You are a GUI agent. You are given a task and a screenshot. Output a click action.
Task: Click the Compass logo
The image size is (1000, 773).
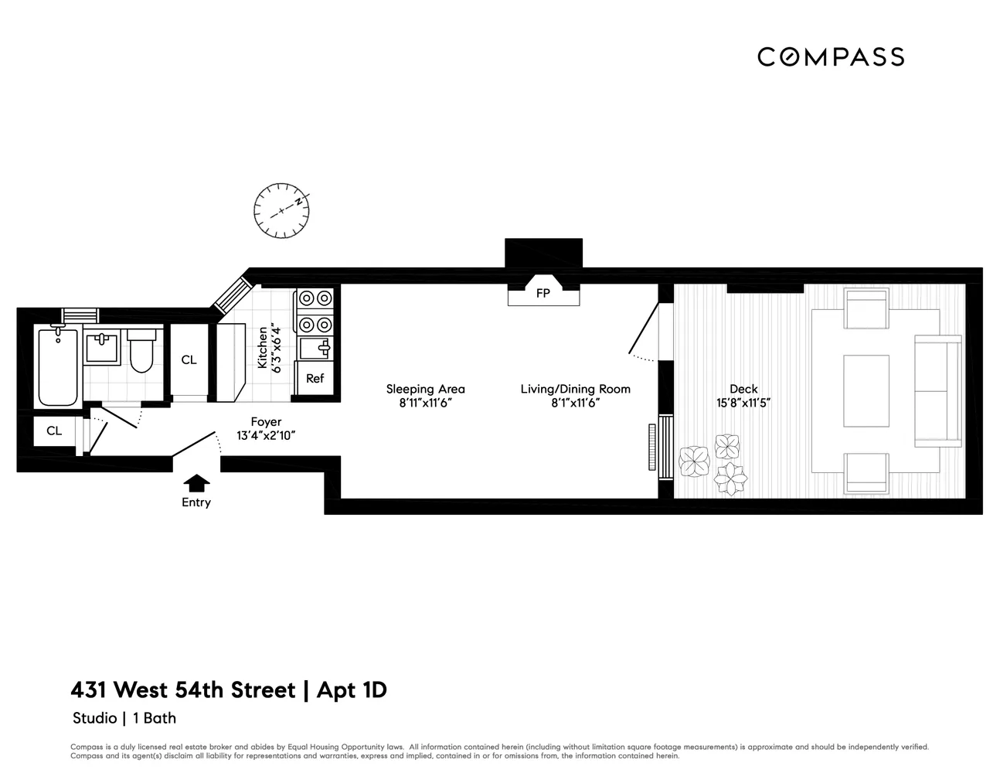[831, 57]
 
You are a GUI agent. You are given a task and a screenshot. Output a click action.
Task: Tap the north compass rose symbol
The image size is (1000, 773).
[281, 211]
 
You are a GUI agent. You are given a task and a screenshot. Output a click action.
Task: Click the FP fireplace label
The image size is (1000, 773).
[543, 293]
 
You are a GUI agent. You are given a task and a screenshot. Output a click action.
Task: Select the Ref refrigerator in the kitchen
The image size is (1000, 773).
[315, 378]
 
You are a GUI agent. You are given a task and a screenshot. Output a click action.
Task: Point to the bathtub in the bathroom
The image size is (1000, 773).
[57, 366]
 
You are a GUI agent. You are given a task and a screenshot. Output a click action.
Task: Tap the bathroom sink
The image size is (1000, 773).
[101, 347]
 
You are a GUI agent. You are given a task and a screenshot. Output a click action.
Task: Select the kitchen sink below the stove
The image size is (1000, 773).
[315, 349]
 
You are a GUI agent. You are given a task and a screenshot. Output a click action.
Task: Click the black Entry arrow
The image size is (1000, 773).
[196, 483]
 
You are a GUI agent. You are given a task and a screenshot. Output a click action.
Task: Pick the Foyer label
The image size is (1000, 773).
[266, 421]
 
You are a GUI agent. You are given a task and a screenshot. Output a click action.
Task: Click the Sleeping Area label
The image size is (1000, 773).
[426, 389]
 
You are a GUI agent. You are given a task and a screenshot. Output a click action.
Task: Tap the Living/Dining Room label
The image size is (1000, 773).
[575, 389]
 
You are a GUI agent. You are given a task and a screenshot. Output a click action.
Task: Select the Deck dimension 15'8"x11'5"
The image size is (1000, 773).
[743, 403]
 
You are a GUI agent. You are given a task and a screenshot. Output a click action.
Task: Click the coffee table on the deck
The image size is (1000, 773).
[866, 390]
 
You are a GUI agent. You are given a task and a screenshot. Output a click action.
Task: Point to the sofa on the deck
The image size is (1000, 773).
[938, 390]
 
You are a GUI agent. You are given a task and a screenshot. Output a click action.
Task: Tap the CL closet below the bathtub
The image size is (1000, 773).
[54, 431]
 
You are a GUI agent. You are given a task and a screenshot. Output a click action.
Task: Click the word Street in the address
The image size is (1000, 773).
[263, 690]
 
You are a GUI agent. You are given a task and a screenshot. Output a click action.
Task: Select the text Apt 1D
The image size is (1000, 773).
[352, 691]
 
